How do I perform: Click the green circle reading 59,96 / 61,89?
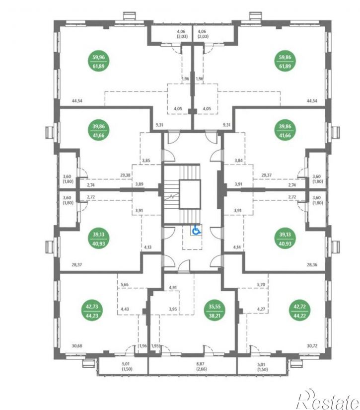(98, 62)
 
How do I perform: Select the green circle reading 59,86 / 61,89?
(285, 62)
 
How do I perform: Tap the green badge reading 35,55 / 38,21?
(214, 311)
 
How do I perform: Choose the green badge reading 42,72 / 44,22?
(299, 311)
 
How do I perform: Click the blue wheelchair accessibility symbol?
(196, 230)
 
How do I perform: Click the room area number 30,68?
(77, 346)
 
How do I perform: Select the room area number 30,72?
(312, 346)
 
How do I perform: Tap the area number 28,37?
(76, 264)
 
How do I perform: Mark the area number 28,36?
(312, 264)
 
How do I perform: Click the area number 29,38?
(125, 175)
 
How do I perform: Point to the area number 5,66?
(125, 284)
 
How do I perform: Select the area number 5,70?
(261, 284)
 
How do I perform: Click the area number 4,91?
(173, 287)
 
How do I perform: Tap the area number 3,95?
(173, 309)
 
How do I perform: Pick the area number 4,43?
(125, 309)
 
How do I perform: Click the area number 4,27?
(261, 309)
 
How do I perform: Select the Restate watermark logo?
(328, 399)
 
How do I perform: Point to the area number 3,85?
(146, 161)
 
